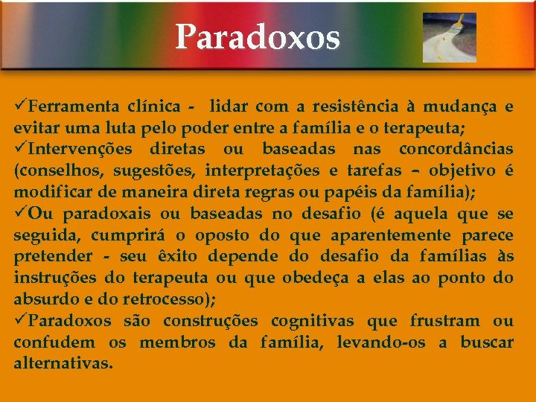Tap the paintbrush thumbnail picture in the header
(x=449, y=37)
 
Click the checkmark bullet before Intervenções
(x=20, y=148)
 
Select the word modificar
(x=48, y=192)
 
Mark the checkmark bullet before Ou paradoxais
(x=20, y=214)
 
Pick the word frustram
(x=444, y=321)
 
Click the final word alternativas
(x=63, y=364)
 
